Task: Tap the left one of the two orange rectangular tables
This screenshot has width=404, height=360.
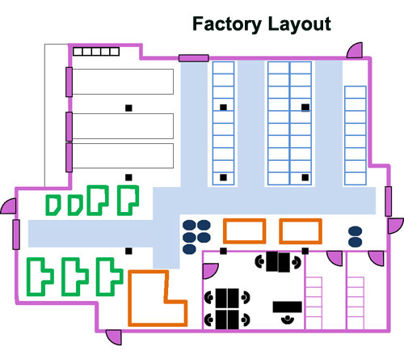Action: pos(244,231)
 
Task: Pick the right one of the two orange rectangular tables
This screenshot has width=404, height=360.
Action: pos(301,231)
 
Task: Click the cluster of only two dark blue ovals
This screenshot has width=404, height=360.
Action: pos(356,236)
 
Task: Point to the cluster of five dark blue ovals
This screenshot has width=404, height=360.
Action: pos(196,232)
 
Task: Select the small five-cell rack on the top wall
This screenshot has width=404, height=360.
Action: pos(95,52)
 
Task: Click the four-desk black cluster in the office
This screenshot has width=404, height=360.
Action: pos(229,307)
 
